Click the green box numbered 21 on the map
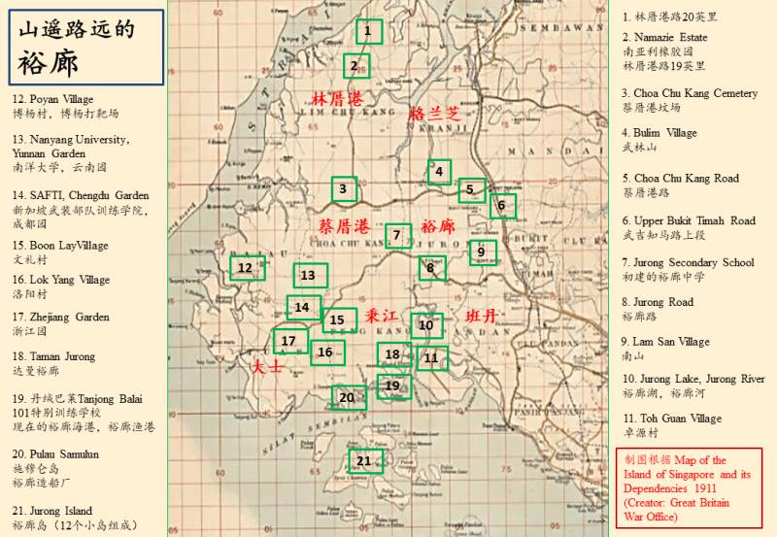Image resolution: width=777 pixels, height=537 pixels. click(364, 460)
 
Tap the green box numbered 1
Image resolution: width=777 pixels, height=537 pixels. click(368, 32)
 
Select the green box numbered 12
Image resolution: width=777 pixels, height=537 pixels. click(246, 267)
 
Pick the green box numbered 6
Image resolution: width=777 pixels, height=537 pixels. click(501, 205)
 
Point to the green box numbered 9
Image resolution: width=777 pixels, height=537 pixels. click(481, 252)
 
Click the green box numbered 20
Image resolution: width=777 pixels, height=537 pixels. click(347, 396)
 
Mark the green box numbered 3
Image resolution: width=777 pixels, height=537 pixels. click(343, 188)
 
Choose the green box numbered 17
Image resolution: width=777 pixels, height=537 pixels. click(288, 341)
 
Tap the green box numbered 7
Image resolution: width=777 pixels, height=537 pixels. click(396, 235)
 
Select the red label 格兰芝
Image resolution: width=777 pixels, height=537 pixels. click(432, 114)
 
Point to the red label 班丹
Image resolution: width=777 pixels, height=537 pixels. click(481, 317)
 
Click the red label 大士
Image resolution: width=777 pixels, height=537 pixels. click(266, 367)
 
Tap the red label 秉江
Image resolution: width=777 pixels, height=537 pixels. click(382, 317)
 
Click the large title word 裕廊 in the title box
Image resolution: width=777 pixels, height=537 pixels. click(49, 63)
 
